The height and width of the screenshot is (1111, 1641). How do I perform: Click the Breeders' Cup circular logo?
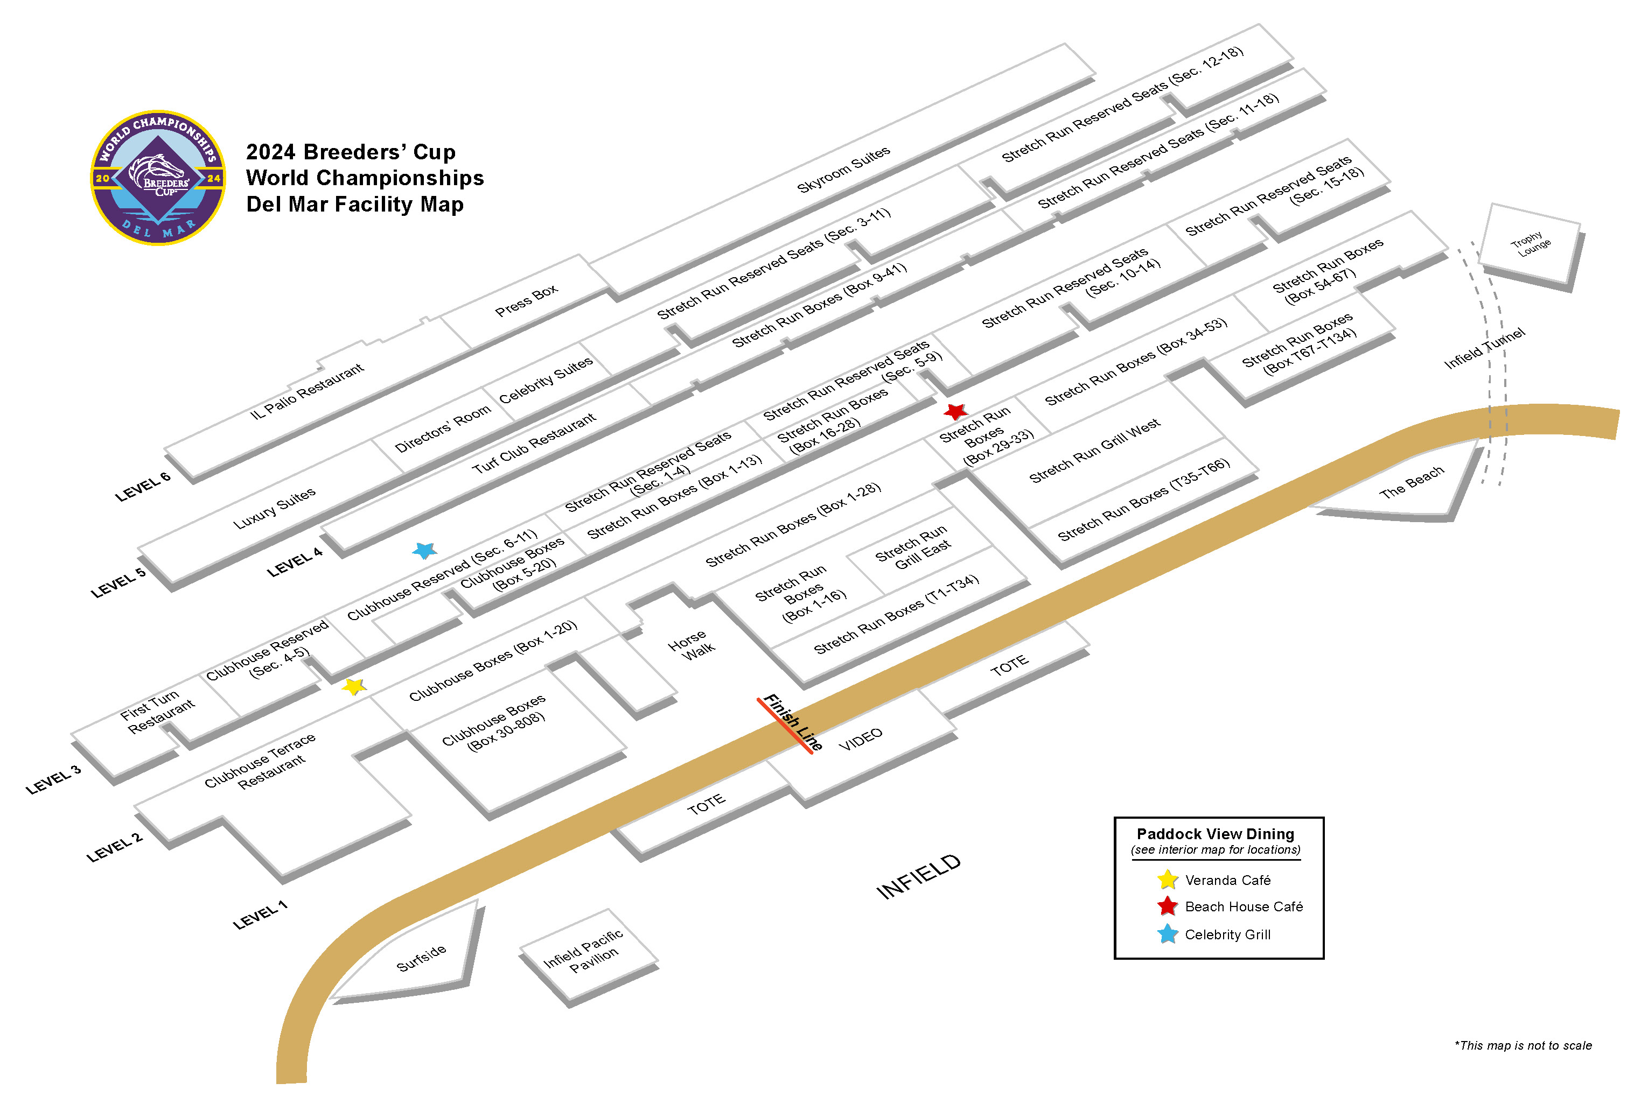coord(158,177)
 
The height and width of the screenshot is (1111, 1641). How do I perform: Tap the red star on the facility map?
coord(955,411)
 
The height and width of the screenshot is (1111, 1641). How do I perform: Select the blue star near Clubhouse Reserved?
coord(424,550)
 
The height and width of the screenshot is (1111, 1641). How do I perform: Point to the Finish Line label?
coord(792,721)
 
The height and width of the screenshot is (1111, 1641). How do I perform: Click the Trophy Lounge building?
coord(1530,243)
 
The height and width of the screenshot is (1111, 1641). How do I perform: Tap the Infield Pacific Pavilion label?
coord(584,950)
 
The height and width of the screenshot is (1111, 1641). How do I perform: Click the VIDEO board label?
coord(860,739)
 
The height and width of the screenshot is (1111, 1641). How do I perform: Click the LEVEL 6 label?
coord(143,486)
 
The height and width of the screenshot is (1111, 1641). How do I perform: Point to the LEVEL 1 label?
coord(260,915)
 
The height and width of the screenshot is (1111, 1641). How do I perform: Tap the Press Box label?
coord(526,300)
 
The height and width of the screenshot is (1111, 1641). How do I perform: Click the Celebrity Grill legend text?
coord(1227,934)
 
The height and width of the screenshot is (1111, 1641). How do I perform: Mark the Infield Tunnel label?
coord(1484,348)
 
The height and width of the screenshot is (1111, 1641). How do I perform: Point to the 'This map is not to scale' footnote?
coord(1523,1045)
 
